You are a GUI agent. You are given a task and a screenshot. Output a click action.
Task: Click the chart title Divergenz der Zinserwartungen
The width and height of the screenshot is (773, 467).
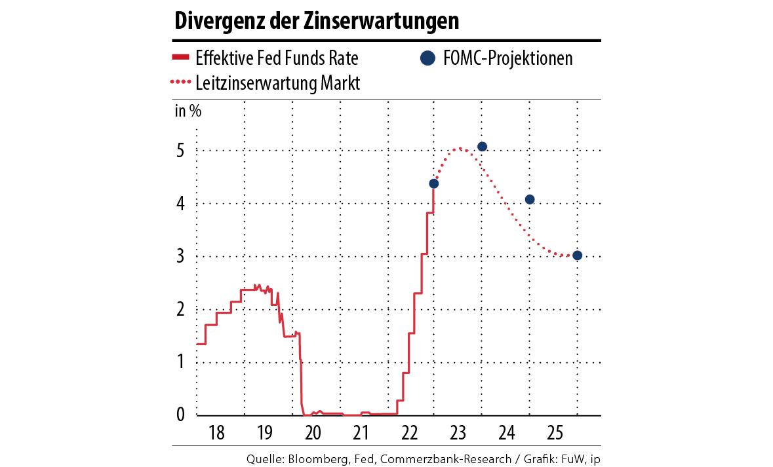coord(316,20)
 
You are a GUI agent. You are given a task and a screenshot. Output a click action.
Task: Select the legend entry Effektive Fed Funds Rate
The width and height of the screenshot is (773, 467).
coord(277,58)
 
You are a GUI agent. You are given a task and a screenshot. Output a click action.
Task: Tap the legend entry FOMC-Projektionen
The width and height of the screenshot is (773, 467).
coord(507,58)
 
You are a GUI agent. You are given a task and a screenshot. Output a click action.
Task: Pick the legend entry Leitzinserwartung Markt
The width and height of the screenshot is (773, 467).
coord(277,83)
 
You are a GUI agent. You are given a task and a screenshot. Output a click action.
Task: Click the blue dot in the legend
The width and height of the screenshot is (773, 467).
coord(427,58)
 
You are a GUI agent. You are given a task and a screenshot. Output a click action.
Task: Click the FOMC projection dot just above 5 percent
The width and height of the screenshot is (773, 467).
coord(482,147)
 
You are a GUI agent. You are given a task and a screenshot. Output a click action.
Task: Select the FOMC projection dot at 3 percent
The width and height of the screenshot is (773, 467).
coord(577,255)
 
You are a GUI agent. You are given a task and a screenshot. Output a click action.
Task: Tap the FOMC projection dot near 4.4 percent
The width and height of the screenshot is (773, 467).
coord(433,183)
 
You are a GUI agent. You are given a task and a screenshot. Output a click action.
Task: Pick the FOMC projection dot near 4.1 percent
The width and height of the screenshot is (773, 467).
coord(530,199)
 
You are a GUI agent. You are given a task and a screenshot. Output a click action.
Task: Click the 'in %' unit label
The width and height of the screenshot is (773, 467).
coord(188,110)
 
